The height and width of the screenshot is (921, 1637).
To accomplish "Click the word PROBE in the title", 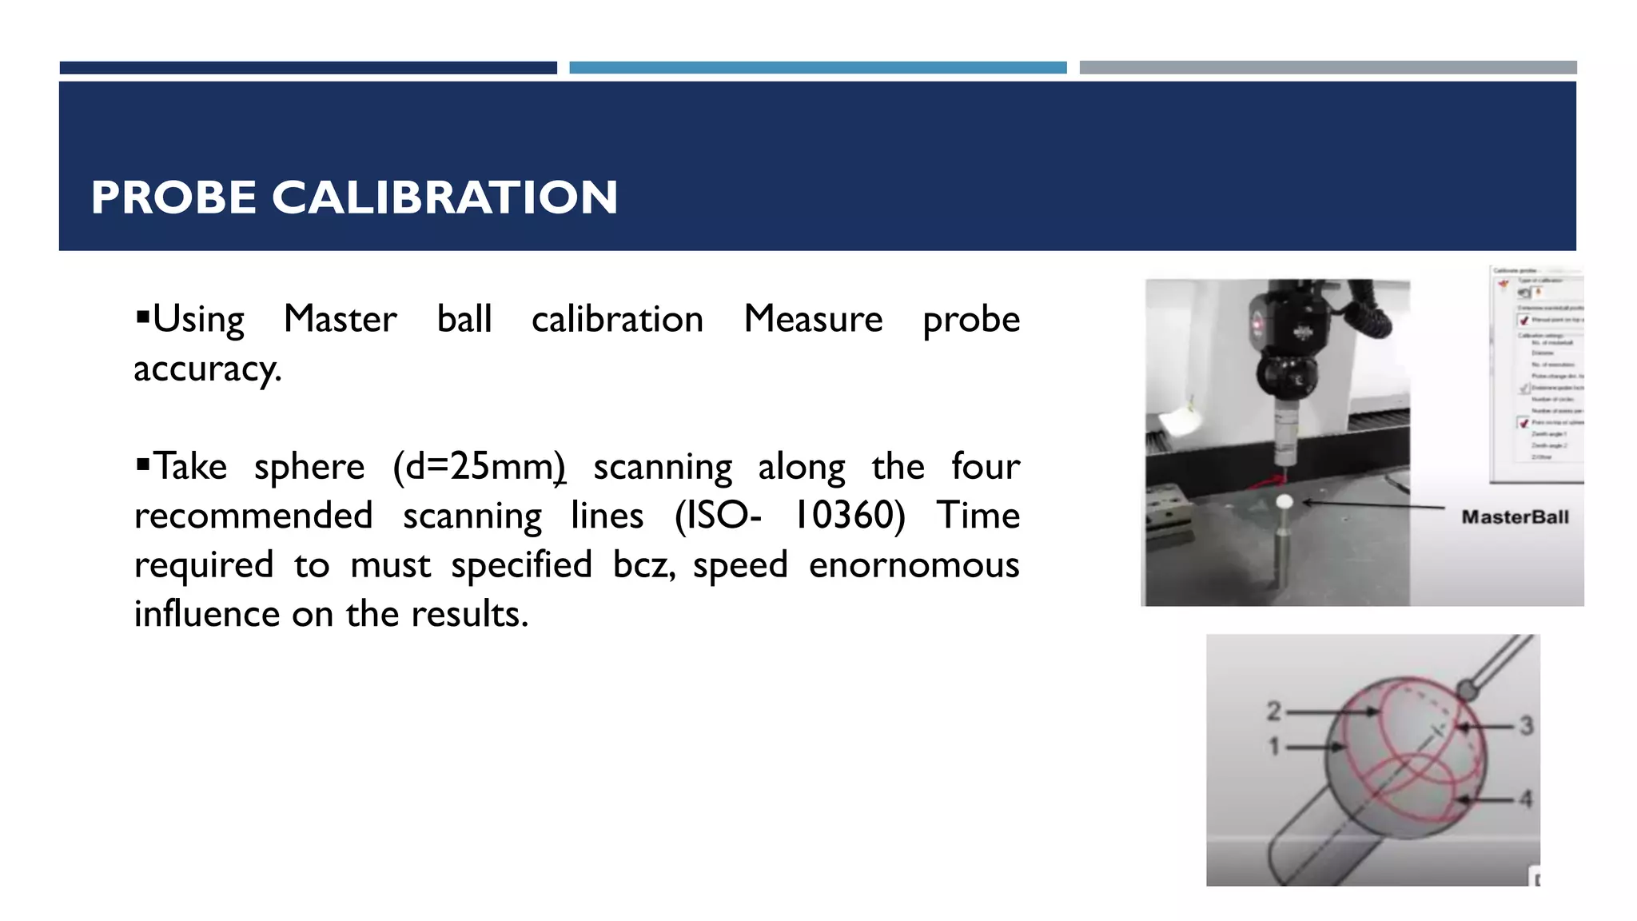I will (173, 197).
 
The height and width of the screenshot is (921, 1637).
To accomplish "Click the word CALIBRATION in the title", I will (444, 197).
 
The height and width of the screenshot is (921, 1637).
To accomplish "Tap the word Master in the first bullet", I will (340, 319).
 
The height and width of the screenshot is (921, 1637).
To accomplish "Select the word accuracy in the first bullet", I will (207, 369).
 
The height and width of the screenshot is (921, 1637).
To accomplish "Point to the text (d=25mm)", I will (479, 467).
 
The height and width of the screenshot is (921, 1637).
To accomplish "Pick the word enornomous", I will (914, 565).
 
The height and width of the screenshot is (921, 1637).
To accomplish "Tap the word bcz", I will (643, 565).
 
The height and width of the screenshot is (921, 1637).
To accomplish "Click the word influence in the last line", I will (206, 615).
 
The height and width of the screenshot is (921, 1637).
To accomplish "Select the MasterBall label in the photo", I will (1515, 517).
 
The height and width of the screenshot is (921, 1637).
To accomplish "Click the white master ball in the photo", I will (1285, 502).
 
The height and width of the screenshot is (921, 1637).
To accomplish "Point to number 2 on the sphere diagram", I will (1273, 711).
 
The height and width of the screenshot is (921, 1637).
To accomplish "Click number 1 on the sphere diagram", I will (1274, 747).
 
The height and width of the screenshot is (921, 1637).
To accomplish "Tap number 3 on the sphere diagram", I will (1526, 726).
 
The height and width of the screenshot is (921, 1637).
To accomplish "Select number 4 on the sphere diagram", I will (1526, 799).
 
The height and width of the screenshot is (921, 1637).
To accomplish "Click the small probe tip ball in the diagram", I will (1467, 689).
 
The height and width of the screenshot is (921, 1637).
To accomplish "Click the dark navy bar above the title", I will (308, 68).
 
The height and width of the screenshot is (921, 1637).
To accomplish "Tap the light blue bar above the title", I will (818, 68).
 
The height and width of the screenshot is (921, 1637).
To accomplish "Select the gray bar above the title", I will (1328, 68).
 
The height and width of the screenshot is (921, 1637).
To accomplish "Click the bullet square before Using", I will (143, 317).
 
